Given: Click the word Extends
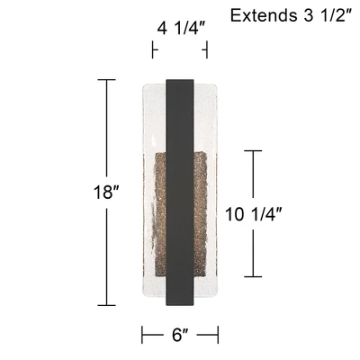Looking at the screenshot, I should point(263,15).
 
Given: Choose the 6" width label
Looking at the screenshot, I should point(180,336).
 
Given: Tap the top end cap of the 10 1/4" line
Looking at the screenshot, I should point(256,150).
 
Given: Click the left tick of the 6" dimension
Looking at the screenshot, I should point(142,336).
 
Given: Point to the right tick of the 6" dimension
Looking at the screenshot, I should point(218,336).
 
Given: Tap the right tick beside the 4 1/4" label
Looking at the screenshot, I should point(206,49).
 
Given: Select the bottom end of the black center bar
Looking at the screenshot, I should point(179,307).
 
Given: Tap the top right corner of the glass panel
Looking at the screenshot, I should point(217,86).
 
